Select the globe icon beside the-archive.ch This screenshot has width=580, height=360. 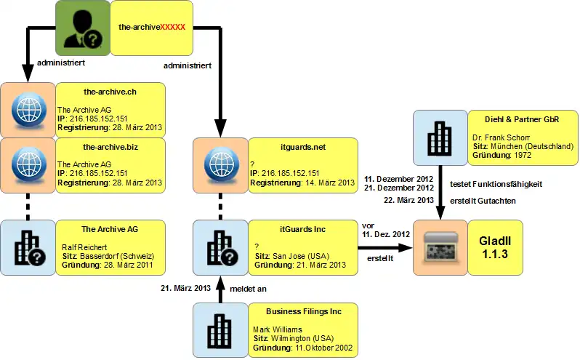pos(28,109)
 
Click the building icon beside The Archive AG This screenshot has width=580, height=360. pos(28,248)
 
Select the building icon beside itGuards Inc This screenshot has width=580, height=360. pos(220,248)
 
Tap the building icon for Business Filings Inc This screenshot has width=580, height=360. pos(220,331)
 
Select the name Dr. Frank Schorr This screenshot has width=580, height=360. pos(501,136)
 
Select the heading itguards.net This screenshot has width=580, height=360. pos(302,147)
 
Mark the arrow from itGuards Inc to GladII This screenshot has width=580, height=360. pos(385,247)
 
